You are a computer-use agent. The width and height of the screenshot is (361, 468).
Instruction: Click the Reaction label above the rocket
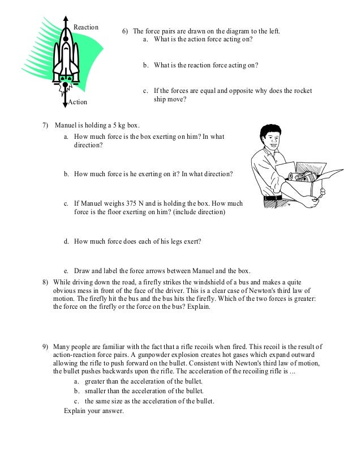click(86, 27)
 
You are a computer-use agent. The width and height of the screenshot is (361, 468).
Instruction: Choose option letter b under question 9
click(77, 391)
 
